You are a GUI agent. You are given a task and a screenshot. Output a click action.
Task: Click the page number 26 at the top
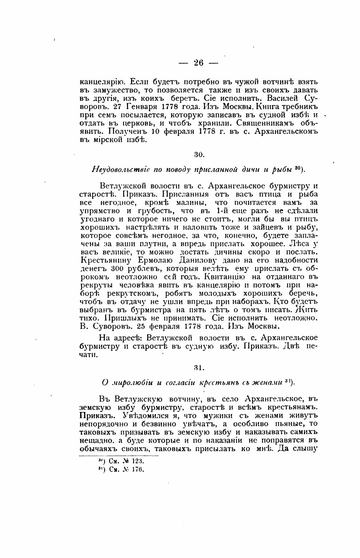(199, 62)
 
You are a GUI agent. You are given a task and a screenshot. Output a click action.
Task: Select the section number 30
(200, 155)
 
